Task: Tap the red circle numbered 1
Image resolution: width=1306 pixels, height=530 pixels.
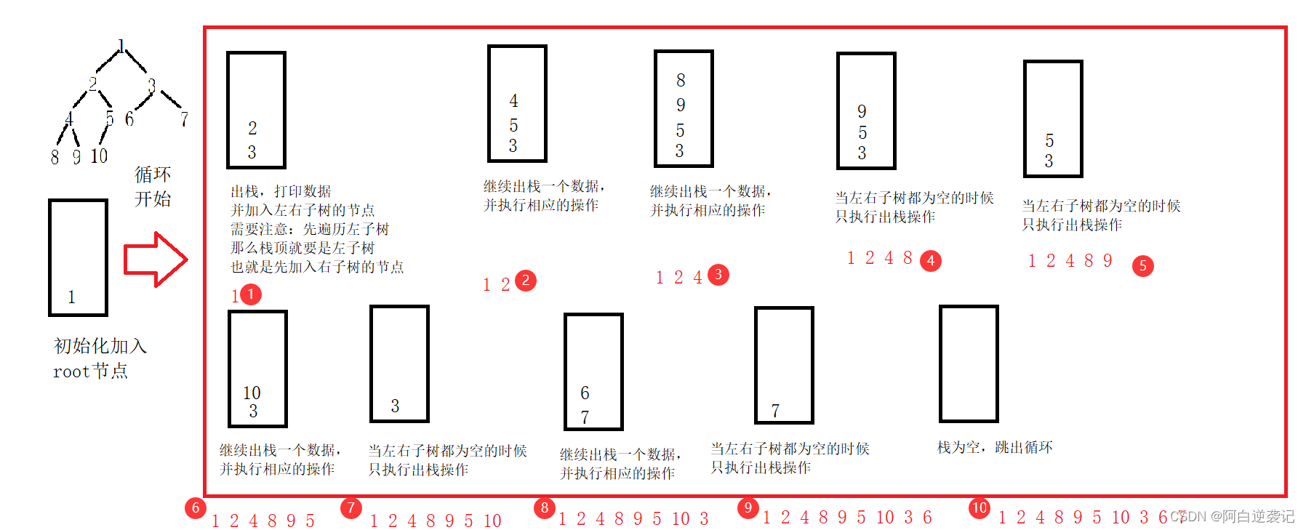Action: pyautogui.click(x=250, y=294)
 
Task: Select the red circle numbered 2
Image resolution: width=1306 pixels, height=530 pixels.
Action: pyautogui.click(x=526, y=281)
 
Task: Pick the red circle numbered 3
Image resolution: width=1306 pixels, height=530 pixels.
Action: pyautogui.click(x=718, y=275)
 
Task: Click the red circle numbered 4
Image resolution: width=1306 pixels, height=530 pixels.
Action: pyautogui.click(x=931, y=260)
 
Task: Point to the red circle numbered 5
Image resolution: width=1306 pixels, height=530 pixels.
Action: pyautogui.click(x=1143, y=266)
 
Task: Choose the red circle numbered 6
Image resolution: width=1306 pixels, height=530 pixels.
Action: pyautogui.click(x=196, y=507)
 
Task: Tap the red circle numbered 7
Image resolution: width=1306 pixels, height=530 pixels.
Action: pyautogui.click(x=351, y=507)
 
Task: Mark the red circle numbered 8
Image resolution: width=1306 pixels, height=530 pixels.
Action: pyautogui.click(x=545, y=507)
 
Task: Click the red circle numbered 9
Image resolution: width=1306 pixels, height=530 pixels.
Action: pyautogui.click(x=748, y=507)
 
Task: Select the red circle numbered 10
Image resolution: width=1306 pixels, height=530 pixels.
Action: pyautogui.click(x=979, y=507)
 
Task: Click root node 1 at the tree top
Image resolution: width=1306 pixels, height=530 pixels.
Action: pyautogui.click(x=121, y=45)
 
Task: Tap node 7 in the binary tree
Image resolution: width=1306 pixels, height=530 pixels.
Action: pyautogui.click(x=184, y=119)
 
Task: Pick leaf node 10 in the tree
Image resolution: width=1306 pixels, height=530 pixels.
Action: pyautogui.click(x=99, y=156)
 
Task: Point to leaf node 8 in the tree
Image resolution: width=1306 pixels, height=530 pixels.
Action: pyautogui.click(x=55, y=157)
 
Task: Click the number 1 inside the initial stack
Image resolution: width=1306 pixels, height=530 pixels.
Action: pyautogui.click(x=71, y=297)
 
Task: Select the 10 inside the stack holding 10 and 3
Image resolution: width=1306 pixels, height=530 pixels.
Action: pyautogui.click(x=252, y=393)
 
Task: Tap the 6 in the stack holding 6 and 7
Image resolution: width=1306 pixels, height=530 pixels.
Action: pyautogui.click(x=585, y=393)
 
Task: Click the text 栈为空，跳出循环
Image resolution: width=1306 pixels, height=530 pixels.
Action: pyautogui.click(x=995, y=447)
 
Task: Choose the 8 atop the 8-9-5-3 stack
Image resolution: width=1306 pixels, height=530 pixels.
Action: pyautogui.click(x=681, y=80)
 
